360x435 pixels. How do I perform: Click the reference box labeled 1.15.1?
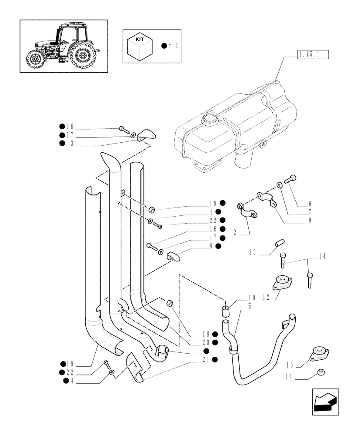pyautogui.click(x=312, y=54)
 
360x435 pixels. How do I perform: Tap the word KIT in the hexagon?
pyautogui.click(x=140, y=39)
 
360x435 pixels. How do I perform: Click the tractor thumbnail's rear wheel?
pyautogui.click(x=83, y=55)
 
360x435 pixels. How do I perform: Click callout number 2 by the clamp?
pyautogui.click(x=235, y=233)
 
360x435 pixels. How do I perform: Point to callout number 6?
pyautogui.click(x=310, y=203)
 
